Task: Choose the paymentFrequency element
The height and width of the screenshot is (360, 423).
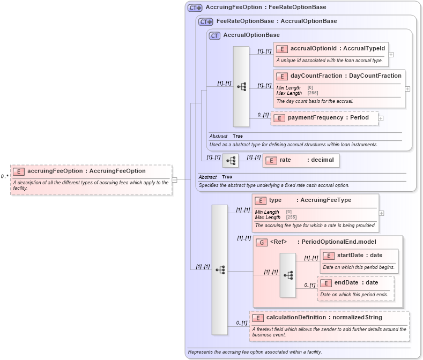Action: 325,118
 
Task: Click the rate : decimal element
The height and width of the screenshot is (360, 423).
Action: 301,160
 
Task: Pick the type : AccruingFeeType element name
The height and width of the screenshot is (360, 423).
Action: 310,200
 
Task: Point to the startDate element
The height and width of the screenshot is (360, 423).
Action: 359,255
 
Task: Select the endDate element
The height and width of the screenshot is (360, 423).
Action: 356,282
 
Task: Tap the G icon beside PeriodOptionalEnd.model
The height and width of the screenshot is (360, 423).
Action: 261,242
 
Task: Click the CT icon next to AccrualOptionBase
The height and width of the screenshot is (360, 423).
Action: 214,35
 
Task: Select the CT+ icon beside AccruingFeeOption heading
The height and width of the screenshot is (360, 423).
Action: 195,7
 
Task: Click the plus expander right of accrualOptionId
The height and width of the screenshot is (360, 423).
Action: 391,54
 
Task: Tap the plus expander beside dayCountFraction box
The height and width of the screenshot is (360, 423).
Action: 407,89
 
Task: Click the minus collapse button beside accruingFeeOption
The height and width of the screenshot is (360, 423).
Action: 174,180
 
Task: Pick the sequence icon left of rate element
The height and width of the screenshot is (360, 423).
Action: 231,160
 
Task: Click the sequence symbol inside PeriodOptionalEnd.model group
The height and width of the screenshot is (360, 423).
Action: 288,275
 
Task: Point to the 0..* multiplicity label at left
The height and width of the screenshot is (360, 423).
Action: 4,176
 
